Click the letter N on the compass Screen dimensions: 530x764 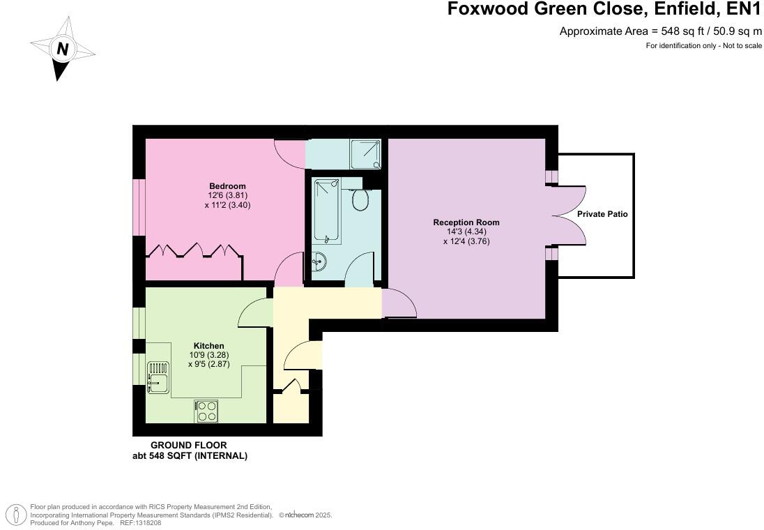[x=63, y=50]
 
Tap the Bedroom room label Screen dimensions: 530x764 [x=227, y=186]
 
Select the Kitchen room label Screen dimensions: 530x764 [x=208, y=346]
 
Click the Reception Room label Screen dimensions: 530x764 [x=466, y=222]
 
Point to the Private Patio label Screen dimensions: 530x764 [x=602, y=214]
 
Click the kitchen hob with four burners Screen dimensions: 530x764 [x=206, y=411]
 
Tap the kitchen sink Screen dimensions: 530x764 [x=158, y=377]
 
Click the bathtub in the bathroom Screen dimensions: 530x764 [x=326, y=211]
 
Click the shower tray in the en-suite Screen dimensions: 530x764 [x=366, y=154]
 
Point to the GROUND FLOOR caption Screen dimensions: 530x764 [x=189, y=445]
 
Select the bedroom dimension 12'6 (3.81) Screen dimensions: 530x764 [x=227, y=196]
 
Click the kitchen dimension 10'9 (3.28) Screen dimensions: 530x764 [x=208, y=355]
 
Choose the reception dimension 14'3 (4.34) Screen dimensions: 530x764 [x=466, y=232]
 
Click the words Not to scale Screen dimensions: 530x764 [x=741, y=46]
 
